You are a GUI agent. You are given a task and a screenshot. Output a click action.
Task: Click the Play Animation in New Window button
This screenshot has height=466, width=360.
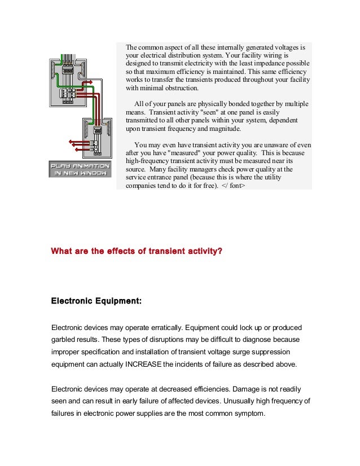[79, 170]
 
